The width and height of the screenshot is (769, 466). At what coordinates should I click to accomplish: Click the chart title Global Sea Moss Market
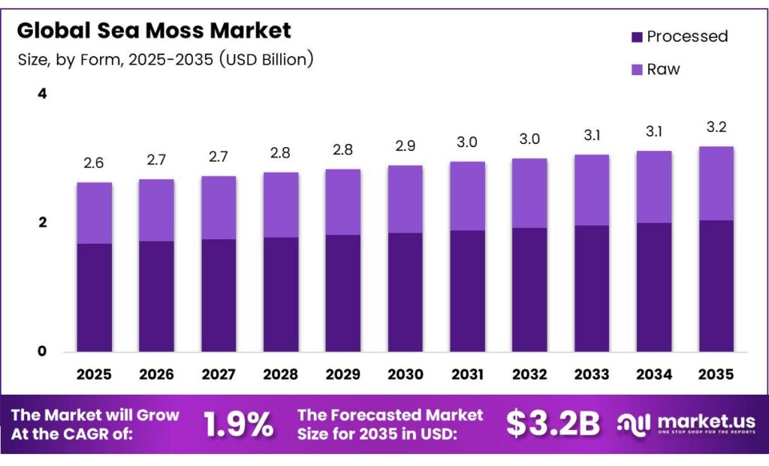coord(153,31)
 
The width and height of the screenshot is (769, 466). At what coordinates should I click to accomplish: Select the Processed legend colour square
coord(637,37)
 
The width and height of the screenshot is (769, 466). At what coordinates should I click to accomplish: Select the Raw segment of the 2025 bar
coord(94,213)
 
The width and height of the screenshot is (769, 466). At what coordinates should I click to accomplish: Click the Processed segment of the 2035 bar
coord(716,285)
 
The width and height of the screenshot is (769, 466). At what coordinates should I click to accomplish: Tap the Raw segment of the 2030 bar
coord(406,199)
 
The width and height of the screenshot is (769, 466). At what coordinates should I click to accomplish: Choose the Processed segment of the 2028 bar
coord(281,294)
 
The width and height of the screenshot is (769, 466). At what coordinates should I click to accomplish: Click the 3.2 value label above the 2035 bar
coord(716,126)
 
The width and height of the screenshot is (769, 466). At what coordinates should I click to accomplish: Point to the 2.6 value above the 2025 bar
coord(94,162)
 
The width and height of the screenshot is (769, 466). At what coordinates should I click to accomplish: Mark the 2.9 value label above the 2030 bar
coord(406,145)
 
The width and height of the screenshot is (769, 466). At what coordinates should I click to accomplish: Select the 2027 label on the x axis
coord(219,374)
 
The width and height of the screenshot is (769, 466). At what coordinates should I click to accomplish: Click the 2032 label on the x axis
coord(529,374)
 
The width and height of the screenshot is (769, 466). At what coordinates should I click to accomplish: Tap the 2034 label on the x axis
coord(654,374)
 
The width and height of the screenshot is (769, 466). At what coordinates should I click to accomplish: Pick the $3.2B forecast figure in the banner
coord(553,424)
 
